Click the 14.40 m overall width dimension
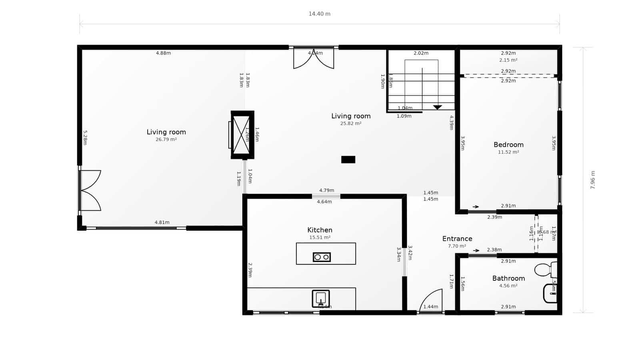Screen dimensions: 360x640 [319, 14]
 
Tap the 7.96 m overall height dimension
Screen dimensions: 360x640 [593, 180]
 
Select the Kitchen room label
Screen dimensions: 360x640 [320, 230]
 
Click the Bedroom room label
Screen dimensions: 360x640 [508, 145]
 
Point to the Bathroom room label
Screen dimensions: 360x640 [508, 278]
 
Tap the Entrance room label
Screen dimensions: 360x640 [457, 239]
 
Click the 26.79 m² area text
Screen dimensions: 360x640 [166, 140]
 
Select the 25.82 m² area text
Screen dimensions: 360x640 [351, 124]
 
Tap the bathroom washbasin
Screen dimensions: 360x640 [550, 294]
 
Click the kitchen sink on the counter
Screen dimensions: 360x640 [321, 298]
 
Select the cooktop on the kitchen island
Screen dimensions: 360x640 [322, 257]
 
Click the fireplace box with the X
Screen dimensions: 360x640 [242, 135]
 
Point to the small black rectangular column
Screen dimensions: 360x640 [348, 160]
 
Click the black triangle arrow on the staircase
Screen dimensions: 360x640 [437, 107]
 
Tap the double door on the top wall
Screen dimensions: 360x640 [314, 58]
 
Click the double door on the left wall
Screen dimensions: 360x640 [90, 190]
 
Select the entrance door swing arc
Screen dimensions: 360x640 [431, 300]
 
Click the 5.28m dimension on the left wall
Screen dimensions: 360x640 [85, 137]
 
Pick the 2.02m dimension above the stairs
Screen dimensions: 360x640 [421, 53]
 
